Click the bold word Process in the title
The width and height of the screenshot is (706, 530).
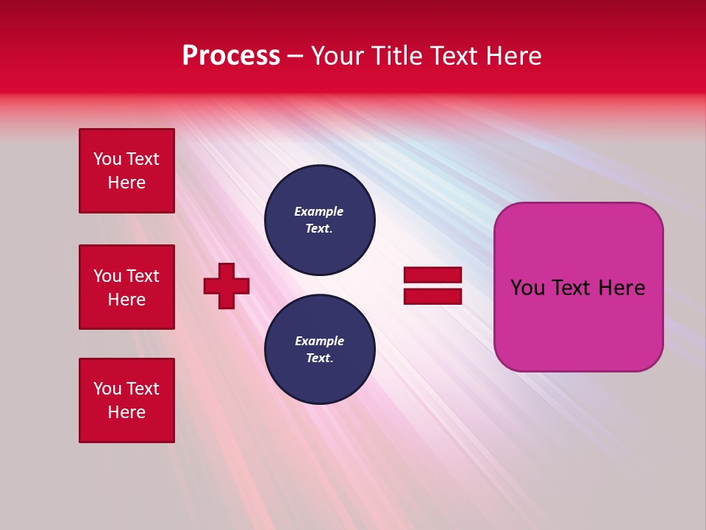point(231,56)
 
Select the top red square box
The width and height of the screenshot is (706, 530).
point(126,171)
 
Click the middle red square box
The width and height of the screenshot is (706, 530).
point(126,287)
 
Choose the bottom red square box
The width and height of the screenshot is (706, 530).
point(126,400)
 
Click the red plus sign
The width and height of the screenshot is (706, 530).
point(227,286)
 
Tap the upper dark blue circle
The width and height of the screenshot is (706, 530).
point(319,220)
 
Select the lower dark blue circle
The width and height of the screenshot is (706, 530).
point(319,350)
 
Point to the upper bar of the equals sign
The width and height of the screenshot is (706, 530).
point(432,275)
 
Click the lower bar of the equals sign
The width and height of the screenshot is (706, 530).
point(432,296)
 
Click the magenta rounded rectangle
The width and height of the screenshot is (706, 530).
point(578,324)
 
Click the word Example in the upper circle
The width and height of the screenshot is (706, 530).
point(318,211)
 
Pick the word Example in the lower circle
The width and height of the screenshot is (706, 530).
point(319,341)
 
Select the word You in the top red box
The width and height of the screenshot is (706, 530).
point(107,159)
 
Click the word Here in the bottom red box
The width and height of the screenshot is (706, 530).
point(126,412)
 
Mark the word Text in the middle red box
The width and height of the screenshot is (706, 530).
point(142,276)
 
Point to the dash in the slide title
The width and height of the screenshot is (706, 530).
point(295,56)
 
